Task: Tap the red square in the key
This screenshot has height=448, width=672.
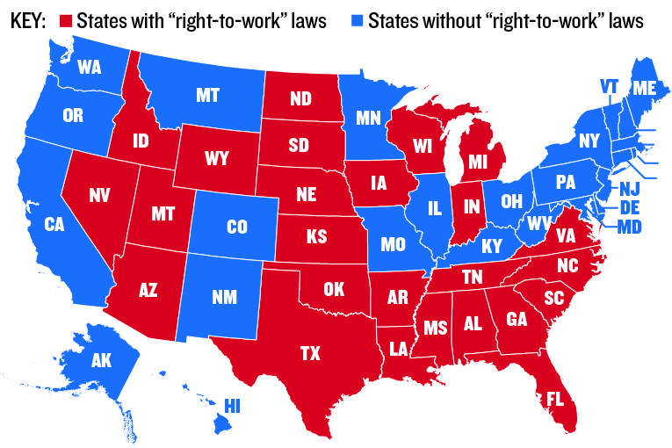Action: (64, 19)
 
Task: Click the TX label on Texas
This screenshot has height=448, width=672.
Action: (310, 353)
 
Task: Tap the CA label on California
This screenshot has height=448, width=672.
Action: (55, 225)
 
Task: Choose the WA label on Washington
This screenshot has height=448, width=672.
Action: (90, 67)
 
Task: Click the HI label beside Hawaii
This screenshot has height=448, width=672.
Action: (232, 405)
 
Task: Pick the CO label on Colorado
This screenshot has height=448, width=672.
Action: (237, 227)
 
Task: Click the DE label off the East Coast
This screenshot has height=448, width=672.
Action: (629, 208)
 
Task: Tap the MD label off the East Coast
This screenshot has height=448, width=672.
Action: (629, 228)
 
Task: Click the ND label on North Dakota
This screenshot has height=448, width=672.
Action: (300, 98)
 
